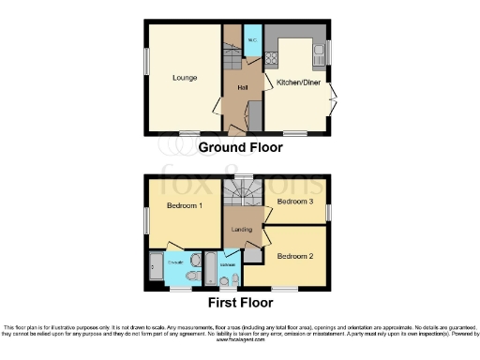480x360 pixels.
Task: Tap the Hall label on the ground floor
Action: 242,87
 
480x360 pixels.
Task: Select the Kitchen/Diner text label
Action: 298,82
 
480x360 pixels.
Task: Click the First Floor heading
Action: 240,303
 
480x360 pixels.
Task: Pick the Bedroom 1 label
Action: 185,205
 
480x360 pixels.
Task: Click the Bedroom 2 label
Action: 295,255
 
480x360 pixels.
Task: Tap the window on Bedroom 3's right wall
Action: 328,212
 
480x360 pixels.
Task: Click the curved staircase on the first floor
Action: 243,194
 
